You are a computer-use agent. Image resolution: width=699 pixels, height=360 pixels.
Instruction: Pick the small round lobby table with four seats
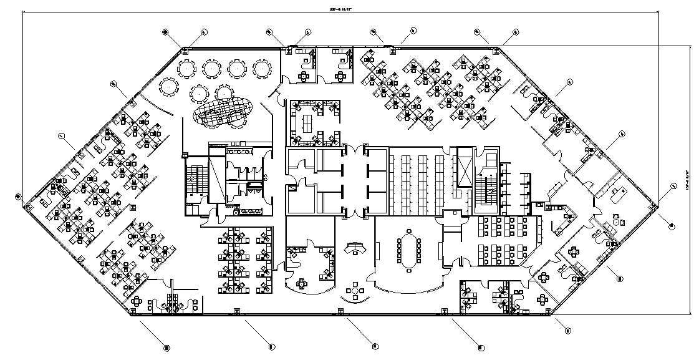pos(356,291)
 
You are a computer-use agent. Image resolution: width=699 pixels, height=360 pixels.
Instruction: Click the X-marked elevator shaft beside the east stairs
pos(465,167)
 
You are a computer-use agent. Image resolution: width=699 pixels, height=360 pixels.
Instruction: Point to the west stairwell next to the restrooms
pos(193,181)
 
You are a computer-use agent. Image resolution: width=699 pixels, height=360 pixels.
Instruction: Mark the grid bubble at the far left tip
pos(18,197)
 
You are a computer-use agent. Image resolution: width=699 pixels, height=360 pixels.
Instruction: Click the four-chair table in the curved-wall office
pos(302,284)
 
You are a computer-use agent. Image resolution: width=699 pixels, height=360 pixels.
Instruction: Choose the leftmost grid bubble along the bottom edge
pos(166,346)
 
